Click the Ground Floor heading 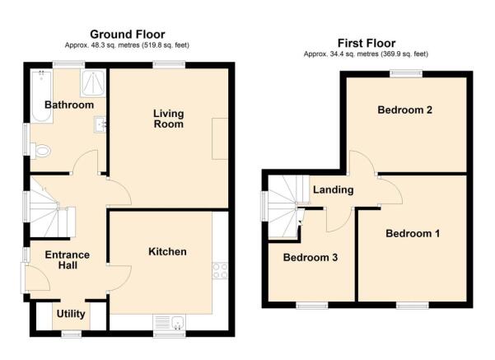point(128,34)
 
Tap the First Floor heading point(367,43)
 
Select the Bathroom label point(69,105)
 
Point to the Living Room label point(169,119)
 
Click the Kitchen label point(167,252)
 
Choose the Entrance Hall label point(68,259)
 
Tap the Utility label point(71,314)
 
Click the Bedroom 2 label point(404,110)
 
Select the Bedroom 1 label point(413,233)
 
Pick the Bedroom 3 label point(311,257)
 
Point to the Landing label point(333,189)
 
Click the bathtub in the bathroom point(41,96)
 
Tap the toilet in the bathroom point(40,151)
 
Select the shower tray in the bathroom point(93,83)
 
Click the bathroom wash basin point(100,124)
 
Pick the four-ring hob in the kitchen point(220,271)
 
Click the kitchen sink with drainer point(169,322)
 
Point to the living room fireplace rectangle point(220,138)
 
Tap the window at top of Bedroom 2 point(406,74)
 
